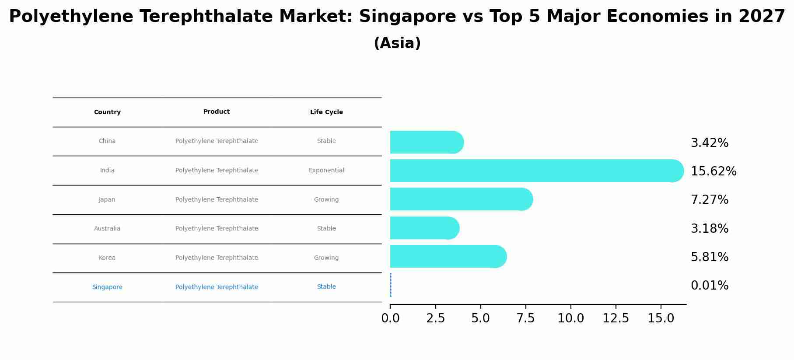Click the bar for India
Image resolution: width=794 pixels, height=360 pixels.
click(x=534, y=171)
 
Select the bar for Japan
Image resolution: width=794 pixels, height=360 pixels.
click(x=459, y=199)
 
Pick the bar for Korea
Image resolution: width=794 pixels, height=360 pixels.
click(x=446, y=256)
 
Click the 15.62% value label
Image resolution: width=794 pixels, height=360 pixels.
click(x=714, y=171)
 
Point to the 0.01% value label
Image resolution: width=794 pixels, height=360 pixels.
click(x=710, y=286)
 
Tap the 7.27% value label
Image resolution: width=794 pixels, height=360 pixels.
click(x=710, y=200)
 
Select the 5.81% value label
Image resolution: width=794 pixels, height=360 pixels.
click(x=710, y=257)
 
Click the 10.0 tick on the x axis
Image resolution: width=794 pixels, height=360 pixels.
click(x=570, y=318)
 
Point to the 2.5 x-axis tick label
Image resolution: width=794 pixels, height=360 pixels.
click(x=435, y=318)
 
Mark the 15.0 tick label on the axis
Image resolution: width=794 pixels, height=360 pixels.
click(x=661, y=318)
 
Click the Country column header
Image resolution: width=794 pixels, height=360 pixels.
click(x=107, y=112)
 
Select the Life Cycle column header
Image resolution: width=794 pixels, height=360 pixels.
click(x=326, y=112)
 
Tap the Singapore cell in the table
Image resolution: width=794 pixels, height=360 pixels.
click(x=107, y=287)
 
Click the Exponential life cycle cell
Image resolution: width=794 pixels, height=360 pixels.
click(x=326, y=171)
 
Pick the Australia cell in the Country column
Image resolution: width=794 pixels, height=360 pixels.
click(x=107, y=229)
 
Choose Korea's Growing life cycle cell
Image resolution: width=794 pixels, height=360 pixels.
click(x=326, y=258)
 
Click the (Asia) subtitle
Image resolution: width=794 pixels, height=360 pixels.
click(x=397, y=43)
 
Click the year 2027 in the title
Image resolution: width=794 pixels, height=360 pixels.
click(x=762, y=17)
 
